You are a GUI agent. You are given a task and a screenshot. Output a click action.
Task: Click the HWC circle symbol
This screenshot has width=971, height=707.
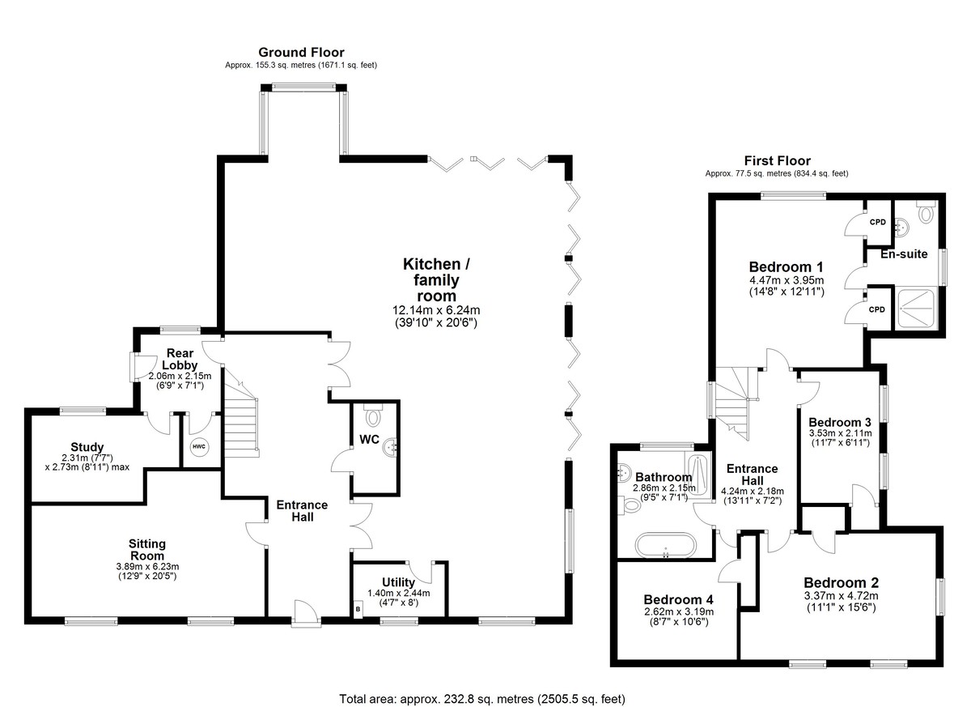tap(199, 447)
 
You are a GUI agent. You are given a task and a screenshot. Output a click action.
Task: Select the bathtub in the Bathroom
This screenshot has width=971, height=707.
tap(666, 545)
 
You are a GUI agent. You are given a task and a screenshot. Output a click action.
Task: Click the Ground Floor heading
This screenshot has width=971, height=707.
tap(301, 53)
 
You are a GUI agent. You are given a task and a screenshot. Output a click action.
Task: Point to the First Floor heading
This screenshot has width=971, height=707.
tap(778, 161)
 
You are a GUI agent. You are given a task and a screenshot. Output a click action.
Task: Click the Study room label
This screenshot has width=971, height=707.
tap(87, 447)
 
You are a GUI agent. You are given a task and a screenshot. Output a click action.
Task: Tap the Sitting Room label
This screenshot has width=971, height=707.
tap(147, 550)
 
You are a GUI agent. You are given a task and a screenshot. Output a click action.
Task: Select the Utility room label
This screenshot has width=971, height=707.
tap(398, 582)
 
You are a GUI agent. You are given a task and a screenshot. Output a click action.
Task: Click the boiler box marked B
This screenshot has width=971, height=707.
tap(358, 609)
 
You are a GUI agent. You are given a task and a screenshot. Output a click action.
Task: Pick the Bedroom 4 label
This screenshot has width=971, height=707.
tap(678, 599)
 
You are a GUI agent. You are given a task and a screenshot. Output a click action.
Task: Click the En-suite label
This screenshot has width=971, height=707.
tap(904, 253)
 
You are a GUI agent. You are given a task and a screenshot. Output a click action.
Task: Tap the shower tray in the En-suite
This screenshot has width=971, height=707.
tap(916, 309)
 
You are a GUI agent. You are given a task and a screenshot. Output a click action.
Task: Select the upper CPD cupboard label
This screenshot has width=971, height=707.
tap(878, 222)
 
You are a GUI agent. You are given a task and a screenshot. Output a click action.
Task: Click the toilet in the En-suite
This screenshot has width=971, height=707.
tap(926, 211)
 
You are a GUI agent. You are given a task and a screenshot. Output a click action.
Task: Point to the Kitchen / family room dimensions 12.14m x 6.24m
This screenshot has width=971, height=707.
tap(436, 310)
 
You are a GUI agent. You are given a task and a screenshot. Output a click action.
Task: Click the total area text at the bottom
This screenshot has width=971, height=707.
tap(482, 687)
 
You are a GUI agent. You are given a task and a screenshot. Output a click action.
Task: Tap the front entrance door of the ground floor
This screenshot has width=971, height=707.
tap(306, 613)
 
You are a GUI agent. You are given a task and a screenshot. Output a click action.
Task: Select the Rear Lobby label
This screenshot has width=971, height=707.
tap(180, 359)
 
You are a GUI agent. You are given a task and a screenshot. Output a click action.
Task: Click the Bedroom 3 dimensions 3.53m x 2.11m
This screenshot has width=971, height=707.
tap(840, 433)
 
